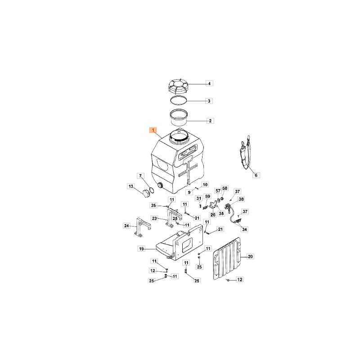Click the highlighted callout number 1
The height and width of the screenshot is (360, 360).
153,130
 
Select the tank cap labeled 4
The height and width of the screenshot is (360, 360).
179,87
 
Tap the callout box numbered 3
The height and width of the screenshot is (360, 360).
209,101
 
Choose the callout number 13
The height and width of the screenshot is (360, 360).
131,186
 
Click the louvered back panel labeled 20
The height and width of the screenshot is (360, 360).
227,258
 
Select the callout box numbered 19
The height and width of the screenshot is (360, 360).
142,249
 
